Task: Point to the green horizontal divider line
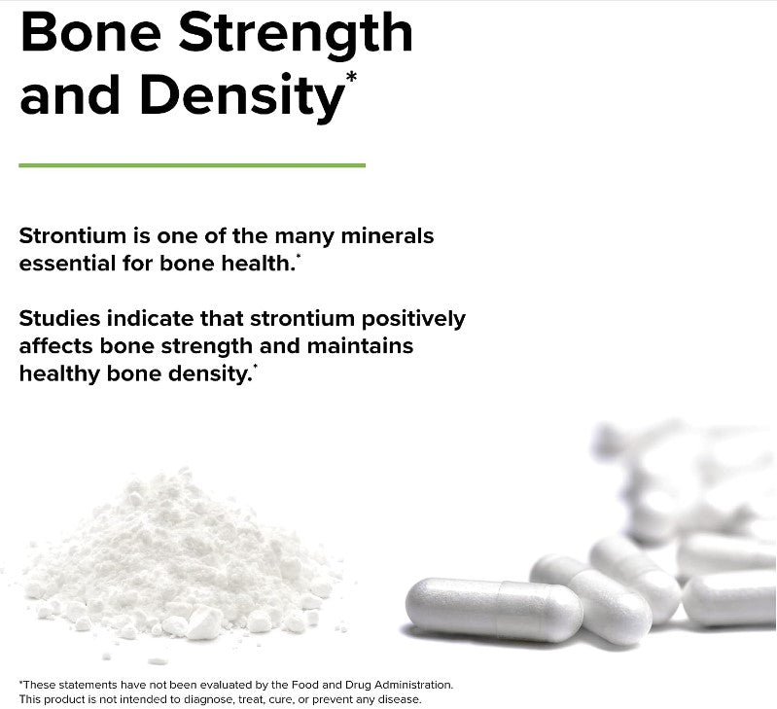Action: coord(192,165)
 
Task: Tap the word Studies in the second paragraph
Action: coord(56,318)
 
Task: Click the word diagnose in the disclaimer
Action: coord(224,699)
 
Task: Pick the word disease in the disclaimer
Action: coord(399,699)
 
